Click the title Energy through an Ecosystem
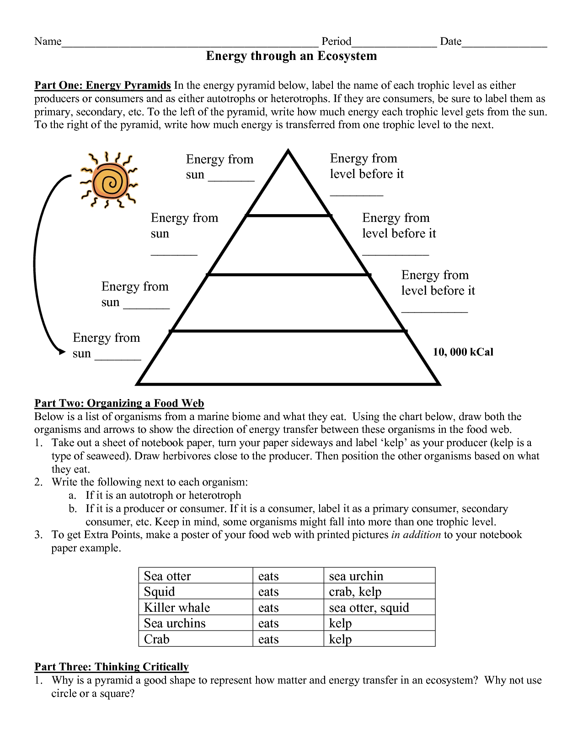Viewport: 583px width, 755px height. tap(291, 56)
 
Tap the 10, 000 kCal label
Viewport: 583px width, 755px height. tap(463, 352)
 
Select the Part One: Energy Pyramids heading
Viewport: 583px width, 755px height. tap(102, 86)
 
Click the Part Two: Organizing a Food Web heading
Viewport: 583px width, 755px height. tap(119, 403)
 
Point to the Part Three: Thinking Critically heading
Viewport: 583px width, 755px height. tap(111, 667)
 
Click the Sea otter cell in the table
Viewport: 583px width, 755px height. tap(167, 576)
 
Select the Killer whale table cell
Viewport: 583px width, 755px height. tap(177, 608)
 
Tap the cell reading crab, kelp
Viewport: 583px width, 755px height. tap(355, 592)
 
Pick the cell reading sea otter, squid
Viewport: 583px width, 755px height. tap(369, 608)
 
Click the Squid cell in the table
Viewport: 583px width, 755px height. tap(159, 592)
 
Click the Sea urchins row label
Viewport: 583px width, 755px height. tap(175, 623)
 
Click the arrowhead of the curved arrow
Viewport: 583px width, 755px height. tap(61, 352)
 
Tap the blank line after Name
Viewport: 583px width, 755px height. tap(190, 43)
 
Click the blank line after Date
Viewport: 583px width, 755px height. tap(504, 43)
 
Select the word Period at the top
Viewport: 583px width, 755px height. tap(336, 42)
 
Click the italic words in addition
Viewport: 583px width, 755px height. tap(416, 535)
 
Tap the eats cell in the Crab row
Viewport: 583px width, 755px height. tap(268, 639)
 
